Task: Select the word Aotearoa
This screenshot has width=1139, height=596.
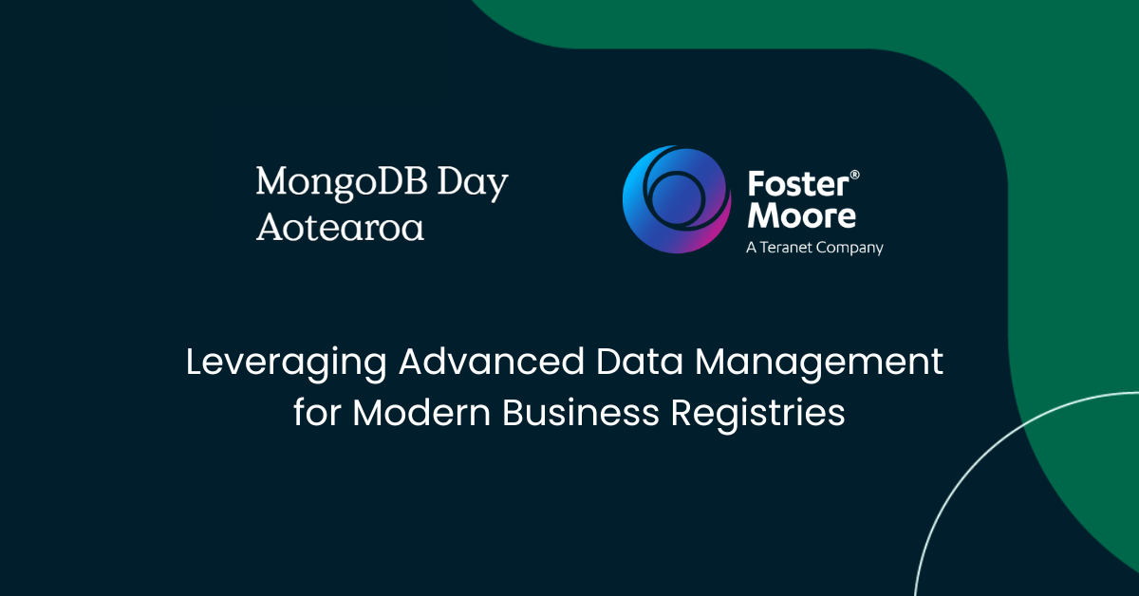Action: tap(340, 228)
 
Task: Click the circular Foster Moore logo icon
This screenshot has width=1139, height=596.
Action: tap(677, 198)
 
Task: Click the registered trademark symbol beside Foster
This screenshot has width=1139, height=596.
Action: tap(854, 176)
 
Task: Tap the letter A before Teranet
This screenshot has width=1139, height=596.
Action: tap(752, 248)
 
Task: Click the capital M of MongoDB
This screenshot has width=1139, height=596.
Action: tap(272, 183)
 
